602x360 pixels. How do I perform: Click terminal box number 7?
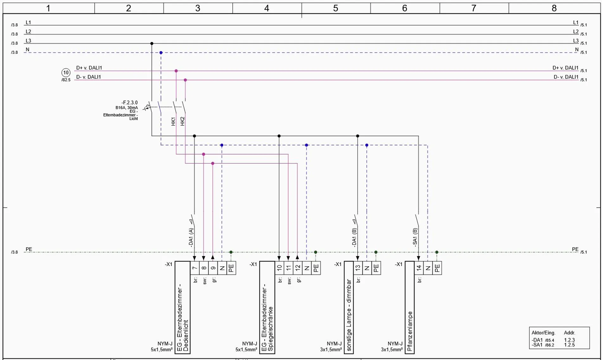coord(195,268)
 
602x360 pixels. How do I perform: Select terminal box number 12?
coord(298,268)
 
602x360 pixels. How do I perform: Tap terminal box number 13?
coord(358,268)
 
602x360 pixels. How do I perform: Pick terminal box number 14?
coord(419,268)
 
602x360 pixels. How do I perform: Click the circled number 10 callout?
coord(66,73)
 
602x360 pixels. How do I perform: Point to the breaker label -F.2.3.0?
coord(130,103)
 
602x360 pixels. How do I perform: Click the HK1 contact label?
coord(173,121)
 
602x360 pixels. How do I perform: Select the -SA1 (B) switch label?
coord(415,237)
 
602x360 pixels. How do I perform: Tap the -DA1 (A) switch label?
coord(191,237)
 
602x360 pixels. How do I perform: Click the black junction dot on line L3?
coord(152,44)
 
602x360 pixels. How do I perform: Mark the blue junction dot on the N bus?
coord(161,53)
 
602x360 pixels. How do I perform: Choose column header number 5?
coord(336,8)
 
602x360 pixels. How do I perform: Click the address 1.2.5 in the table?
coord(569,345)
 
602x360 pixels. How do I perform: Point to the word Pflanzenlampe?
coord(410,331)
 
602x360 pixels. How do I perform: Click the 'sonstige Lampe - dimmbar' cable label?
coord(349,315)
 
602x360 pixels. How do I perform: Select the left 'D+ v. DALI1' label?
coord(89,68)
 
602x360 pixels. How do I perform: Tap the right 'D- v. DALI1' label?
coord(566,77)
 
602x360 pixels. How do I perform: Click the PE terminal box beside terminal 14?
coord(437,268)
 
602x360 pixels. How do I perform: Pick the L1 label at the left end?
coord(28,22)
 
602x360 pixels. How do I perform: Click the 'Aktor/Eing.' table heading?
coord(543,333)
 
